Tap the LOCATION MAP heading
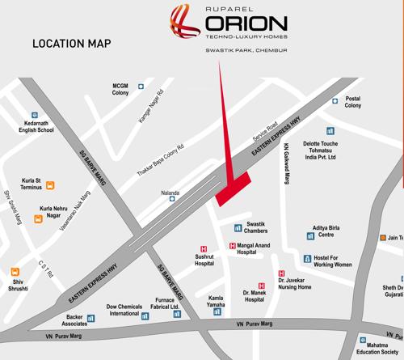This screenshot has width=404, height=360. pyautogui.click(x=70, y=44)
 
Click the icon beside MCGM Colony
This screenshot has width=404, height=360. pyautogui.click(x=142, y=83)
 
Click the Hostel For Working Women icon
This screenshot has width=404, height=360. pyautogui.click(x=307, y=259)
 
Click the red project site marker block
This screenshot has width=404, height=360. pyautogui.click(x=234, y=187)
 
